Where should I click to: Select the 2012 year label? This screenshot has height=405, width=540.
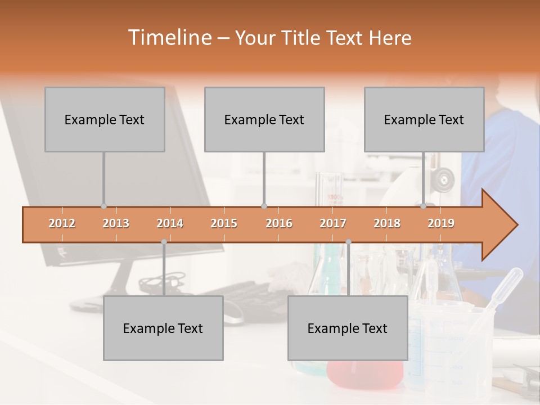click(62, 223)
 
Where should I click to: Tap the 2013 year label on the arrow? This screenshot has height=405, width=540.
click(116, 223)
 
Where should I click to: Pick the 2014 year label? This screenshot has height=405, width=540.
click(170, 223)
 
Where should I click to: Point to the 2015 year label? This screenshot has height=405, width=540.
click(224, 223)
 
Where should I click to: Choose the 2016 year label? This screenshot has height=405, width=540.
click(279, 223)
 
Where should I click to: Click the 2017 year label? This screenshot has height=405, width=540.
click(333, 223)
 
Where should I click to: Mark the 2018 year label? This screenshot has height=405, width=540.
click(387, 223)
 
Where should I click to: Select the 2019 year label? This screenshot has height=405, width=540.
click(441, 223)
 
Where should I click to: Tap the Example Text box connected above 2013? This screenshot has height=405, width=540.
click(105, 119)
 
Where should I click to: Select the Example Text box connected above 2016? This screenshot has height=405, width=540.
click(264, 119)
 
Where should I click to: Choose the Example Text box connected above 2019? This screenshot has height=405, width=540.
click(424, 119)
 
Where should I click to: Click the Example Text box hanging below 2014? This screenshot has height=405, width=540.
click(163, 328)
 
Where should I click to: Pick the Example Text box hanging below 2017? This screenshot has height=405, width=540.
click(348, 328)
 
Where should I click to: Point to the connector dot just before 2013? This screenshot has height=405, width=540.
click(103, 206)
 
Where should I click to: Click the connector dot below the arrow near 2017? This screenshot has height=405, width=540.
click(348, 242)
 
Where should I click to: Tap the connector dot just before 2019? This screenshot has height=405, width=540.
click(424, 206)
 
